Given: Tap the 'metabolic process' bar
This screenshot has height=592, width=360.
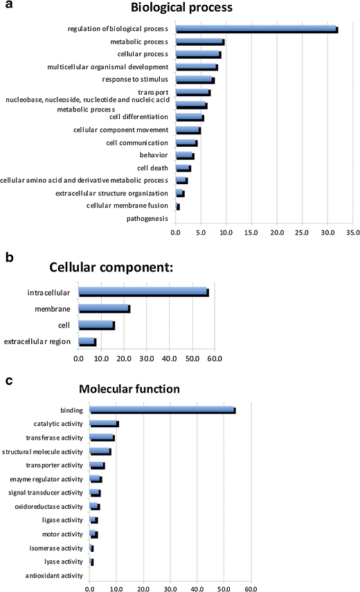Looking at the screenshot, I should click(x=199, y=42).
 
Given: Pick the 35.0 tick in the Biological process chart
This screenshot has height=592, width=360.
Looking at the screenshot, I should click(x=352, y=233).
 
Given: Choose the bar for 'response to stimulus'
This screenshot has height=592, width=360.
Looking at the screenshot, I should click(x=195, y=80).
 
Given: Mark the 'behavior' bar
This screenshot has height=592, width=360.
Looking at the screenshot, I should click(x=184, y=155).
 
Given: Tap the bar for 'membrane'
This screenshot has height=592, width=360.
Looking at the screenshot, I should click(x=104, y=309).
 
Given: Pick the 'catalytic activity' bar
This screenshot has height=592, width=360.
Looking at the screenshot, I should click(x=104, y=424).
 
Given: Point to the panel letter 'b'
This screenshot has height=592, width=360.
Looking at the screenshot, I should click(x=10, y=257).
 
